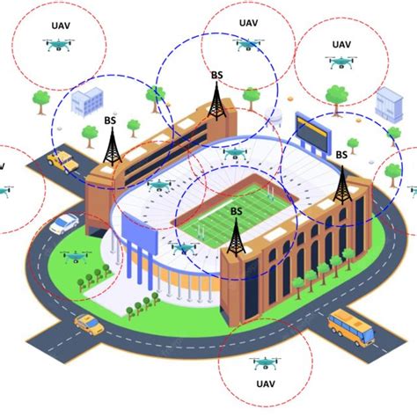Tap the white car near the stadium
pyautogui.click(x=62, y=223)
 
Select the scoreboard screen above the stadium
pyautogui.click(x=313, y=131)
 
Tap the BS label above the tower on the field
pyautogui.click(x=236, y=211)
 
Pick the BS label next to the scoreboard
pyautogui.click(x=340, y=155)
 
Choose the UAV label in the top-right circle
pyautogui.click(x=340, y=44)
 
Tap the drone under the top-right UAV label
pyautogui.click(x=340, y=62)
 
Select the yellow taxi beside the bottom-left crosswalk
pyautogui.click(x=88, y=324)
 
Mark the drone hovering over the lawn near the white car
pyautogui.click(x=77, y=256)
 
